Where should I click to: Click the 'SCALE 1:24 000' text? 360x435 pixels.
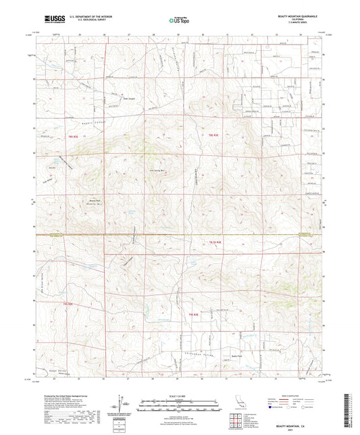tap(179, 396)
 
